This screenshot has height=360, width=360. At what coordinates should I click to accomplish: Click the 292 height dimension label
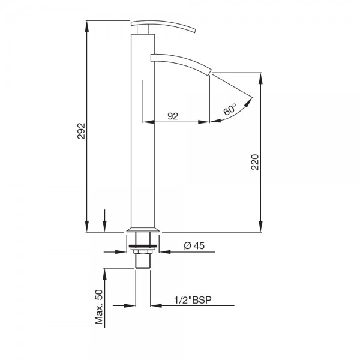click(81, 131)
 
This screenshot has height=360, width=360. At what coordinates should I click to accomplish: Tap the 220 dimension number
click(255, 162)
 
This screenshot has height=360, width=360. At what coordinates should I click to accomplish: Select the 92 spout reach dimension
click(173, 116)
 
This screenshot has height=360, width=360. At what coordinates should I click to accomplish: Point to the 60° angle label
click(230, 109)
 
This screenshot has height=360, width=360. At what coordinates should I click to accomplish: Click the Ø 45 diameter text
click(194, 245)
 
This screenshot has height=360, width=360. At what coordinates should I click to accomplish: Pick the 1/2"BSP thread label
click(193, 300)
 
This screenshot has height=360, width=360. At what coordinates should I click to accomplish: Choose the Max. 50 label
click(99, 307)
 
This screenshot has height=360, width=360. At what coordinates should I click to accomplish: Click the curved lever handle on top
click(163, 25)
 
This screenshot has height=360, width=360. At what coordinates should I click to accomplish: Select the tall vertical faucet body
click(143, 131)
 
